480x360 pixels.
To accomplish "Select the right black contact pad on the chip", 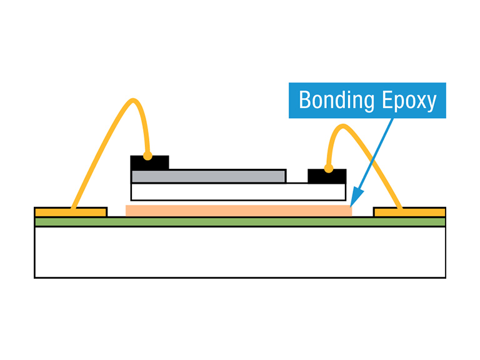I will click(327, 176).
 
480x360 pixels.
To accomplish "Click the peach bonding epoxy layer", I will click(238, 211).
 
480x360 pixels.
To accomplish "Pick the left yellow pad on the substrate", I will click(71, 212).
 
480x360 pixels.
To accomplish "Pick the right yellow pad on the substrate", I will click(409, 212).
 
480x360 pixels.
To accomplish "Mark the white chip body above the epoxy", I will click(238, 191).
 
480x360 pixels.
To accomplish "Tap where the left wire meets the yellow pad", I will click(74, 207).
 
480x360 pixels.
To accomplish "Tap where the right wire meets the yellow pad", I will click(400, 207).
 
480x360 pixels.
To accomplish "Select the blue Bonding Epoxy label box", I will click(367, 100).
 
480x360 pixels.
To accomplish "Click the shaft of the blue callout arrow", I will click(375, 156).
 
